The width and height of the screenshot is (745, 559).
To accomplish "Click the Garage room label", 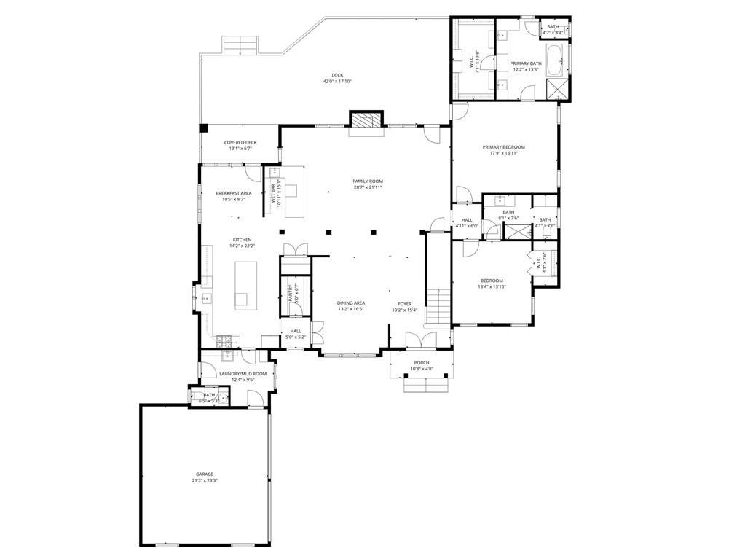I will [204, 474].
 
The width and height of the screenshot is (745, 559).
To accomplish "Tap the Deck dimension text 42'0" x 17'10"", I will [337, 82].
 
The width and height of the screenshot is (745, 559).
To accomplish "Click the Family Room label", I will [368, 181].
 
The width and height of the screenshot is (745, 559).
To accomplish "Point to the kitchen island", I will [241, 285].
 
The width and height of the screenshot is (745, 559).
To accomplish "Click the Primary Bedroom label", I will [503, 147].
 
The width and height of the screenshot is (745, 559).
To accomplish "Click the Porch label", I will [422, 363].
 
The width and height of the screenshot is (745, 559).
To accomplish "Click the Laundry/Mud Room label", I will [243, 374].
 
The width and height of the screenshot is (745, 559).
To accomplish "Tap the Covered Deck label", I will [240, 143].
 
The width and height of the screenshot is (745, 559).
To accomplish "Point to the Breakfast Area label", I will [233, 193].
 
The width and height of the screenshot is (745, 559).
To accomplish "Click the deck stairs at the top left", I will [240, 46].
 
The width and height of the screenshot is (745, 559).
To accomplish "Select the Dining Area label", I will [350, 303].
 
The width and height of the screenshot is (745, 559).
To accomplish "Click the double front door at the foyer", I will [420, 340].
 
